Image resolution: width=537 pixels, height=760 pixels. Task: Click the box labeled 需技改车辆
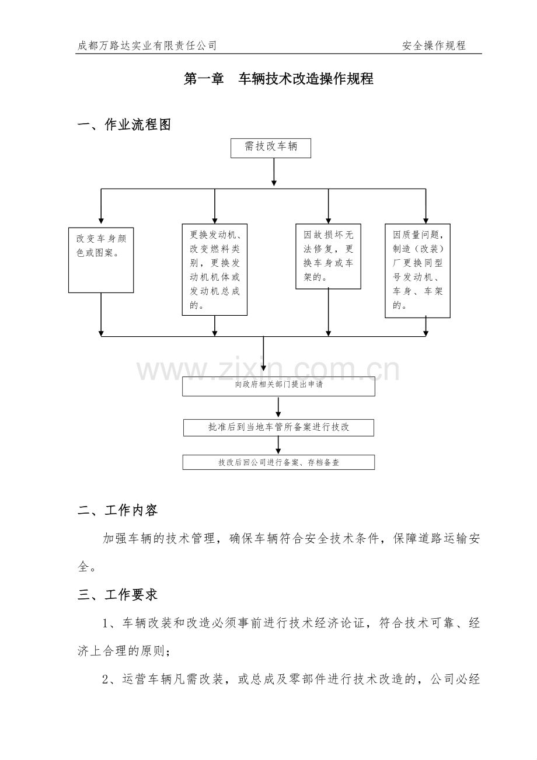coord(271,148)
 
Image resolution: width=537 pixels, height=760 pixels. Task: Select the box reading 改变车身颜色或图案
coord(101,260)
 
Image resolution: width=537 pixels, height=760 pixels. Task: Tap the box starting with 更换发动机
coord(215,270)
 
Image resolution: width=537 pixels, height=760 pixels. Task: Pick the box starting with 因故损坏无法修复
coord(328,256)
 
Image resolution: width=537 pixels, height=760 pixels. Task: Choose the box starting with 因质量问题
coord(417,270)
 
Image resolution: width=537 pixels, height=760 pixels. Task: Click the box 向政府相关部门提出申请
coord(279,386)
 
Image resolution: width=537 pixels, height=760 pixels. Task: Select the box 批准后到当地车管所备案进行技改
coord(278,427)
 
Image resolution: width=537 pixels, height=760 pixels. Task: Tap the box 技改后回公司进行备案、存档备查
coord(278,462)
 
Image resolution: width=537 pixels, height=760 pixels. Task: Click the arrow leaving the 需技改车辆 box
coord(274,172)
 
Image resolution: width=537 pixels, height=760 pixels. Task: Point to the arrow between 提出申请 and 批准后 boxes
coord(278,407)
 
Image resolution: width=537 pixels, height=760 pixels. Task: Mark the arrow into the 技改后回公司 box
coord(278,445)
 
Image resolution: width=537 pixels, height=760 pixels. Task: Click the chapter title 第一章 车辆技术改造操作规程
coord(278,79)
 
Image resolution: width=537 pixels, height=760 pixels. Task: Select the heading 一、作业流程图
coord(124,125)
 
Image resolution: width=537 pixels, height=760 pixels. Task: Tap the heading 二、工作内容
coord(117,510)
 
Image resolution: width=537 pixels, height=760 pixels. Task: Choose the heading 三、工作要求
coord(117,595)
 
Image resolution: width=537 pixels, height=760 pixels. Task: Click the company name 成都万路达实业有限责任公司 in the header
coord(147,46)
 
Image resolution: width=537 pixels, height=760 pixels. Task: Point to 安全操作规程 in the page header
coord(434,46)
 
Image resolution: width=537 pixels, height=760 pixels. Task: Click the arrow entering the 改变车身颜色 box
coord(101,208)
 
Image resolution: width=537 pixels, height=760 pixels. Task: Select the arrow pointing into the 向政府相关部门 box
coord(264,357)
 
